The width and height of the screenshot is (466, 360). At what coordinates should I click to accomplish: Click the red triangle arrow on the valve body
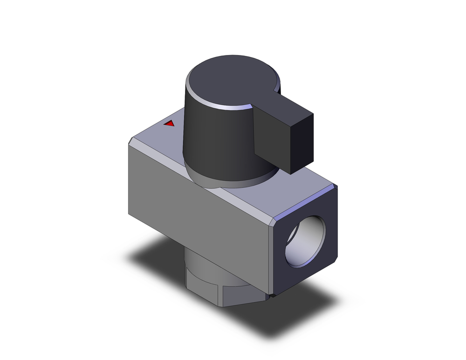tap(170, 124)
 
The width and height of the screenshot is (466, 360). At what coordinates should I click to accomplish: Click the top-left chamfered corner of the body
tap(132, 140)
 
